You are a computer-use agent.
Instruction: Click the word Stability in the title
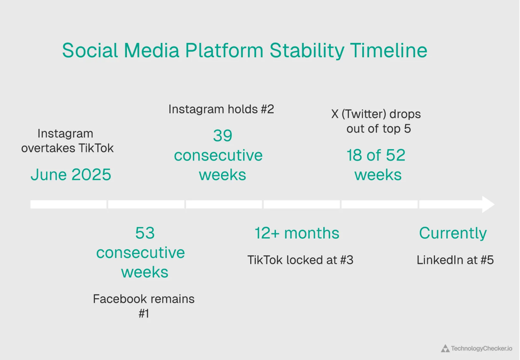(x=306, y=51)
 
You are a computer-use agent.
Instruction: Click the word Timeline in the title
(x=388, y=51)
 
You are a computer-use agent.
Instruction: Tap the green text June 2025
(x=71, y=175)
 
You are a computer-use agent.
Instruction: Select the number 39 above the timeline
(x=223, y=136)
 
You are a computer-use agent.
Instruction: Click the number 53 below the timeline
(x=145, y=233)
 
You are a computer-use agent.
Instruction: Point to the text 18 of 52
(x=376, y=155)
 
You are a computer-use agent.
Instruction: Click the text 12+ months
(x=297, y=233)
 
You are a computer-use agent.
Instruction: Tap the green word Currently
(x=453, y=233)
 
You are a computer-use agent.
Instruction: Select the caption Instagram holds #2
(x=221, y=109)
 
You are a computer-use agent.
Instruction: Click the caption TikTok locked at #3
(x=300, y=260)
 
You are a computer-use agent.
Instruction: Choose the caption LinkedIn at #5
(x=455, y=260)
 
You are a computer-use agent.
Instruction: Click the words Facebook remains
(x=144, y=299)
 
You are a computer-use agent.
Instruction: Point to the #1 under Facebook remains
(x=144, y=313)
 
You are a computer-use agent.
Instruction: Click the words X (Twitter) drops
(x=376, y=114)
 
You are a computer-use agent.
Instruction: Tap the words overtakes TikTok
(x=67, y=148)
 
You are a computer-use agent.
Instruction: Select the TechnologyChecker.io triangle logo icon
(x=445, y=349)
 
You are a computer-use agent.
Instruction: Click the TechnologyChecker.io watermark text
(x=481, y=349)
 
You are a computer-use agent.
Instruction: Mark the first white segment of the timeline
(x=68, y=205)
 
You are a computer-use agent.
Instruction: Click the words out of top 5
(x=378, y=129)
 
